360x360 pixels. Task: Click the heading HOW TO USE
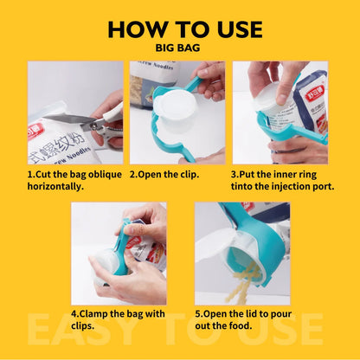click(184, 29)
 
